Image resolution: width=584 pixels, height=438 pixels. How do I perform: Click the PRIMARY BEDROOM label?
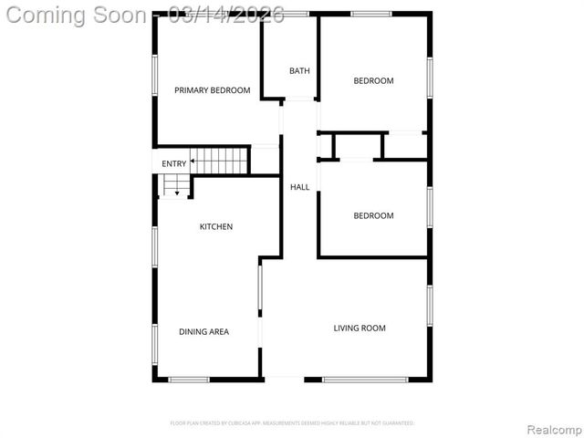tap(212, 89)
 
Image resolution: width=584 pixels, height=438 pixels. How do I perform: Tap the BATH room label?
tap(299, 71)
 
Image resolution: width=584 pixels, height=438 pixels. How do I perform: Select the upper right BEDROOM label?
tap(373, 81)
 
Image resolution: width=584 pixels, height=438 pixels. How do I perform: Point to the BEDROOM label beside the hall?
tap(373, 216)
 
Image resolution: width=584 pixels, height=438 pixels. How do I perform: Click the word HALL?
tap(299, 187)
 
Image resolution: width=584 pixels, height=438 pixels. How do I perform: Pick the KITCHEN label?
tap(216, 226)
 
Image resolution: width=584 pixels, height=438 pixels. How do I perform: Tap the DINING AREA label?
tap(203, 332)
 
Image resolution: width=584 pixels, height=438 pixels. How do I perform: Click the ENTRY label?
tap(173, 164)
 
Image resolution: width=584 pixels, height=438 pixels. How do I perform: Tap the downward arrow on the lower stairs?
tap(177, 193)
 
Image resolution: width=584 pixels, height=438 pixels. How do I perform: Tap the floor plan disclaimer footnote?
tap(292, 423)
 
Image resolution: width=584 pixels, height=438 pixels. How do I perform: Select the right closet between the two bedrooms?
tap(405, 146)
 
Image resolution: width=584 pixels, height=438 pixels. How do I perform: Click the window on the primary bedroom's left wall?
tap(154, 78)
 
